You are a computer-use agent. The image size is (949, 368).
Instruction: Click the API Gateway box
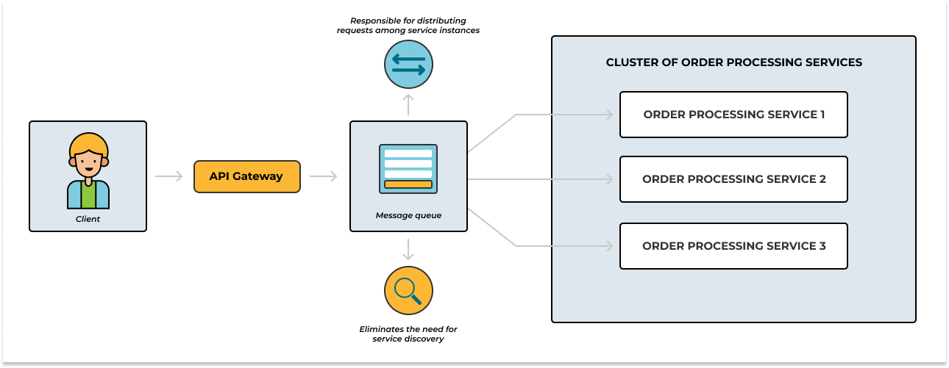pos(246,176)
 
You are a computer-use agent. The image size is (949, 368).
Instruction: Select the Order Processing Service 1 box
pos(733,115)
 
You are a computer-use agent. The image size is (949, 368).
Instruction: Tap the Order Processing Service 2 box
pos(733,179)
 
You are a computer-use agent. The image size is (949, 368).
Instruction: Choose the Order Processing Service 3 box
pos(733,246)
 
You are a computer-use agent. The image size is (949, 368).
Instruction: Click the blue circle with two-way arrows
pos(408,65)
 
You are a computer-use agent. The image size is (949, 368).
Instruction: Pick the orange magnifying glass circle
pos(408,290)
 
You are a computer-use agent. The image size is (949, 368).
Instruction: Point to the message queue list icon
pos(408,169)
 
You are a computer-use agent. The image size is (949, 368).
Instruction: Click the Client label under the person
pos(88,219)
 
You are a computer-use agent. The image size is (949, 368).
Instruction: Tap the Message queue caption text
pos(408,215)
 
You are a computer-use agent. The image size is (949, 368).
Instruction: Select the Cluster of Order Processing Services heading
pos(733,62)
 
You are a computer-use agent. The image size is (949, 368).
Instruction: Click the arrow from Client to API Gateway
pos(169,176)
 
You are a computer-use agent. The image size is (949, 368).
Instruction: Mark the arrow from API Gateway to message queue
pos(324,176)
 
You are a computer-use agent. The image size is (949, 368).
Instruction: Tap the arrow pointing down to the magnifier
pos(408,250)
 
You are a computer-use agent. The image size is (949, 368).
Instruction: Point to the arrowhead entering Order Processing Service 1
pos(609,115)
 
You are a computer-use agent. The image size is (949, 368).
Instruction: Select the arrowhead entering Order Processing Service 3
pos(609,246)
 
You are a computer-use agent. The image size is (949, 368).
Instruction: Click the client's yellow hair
pos(88,142)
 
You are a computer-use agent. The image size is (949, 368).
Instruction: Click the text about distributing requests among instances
pos(408,25)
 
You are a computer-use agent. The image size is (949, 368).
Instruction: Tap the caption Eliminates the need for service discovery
pos(408,334)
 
